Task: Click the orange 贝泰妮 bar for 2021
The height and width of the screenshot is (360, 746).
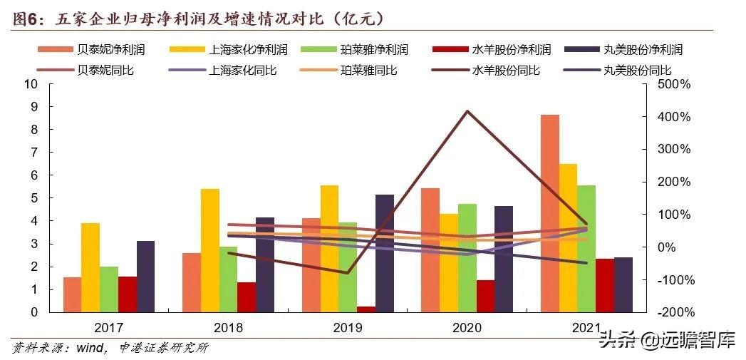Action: [549, 213]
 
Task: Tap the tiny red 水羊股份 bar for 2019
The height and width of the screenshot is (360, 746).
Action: [366, 309]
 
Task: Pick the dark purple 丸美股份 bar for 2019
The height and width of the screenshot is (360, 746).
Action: [385, 253]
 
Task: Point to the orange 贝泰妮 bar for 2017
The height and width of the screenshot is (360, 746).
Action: [72, 294]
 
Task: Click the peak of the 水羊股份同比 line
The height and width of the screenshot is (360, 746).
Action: [467, 111]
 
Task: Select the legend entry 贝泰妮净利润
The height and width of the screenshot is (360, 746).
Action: [103, 50]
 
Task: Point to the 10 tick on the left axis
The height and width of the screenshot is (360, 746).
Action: [30, 84]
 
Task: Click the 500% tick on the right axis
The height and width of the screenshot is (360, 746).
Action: [673, 84]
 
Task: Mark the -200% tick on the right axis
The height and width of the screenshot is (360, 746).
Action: [673, 312]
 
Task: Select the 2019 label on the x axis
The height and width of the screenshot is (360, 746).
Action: [348, 328]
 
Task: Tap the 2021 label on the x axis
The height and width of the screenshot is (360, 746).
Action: [586, 328]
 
